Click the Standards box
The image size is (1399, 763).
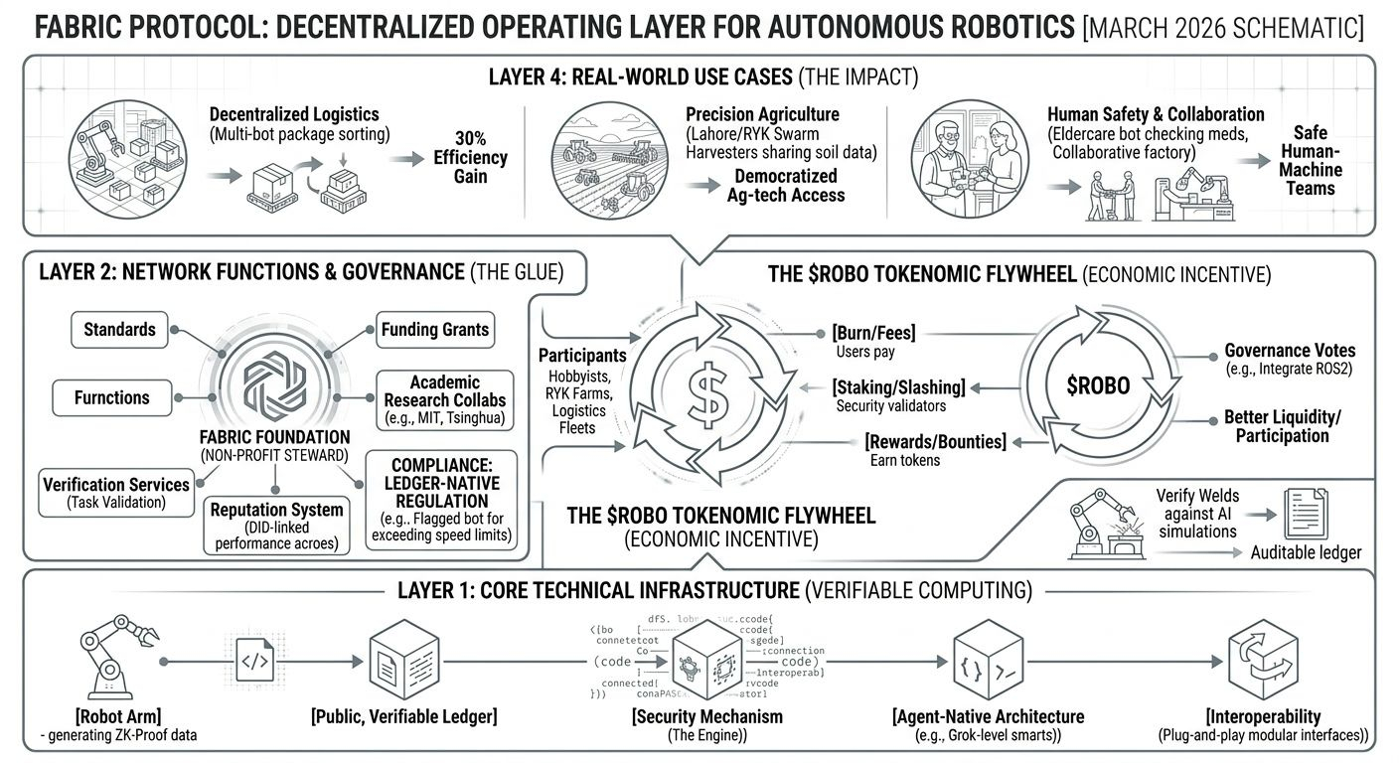[x=119, y=329]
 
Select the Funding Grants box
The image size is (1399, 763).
[x=435, y=329]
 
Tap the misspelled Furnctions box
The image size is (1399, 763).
[x=111, y=397]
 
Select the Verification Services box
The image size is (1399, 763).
[x=115, y=493]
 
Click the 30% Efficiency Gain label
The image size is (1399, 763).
[x=470, y=157]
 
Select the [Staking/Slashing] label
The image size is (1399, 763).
[x=898, y=386]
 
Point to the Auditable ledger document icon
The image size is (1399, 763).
[x=1302, y=514]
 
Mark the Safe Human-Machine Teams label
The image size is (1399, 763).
[x=1310, y=160]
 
